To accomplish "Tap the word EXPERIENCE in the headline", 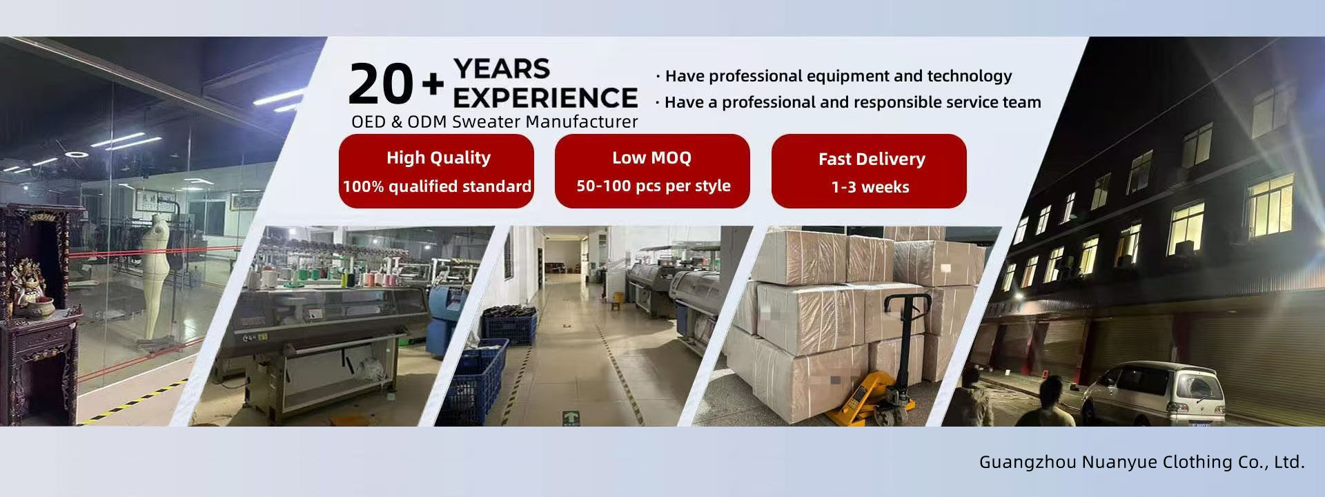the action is (545, 97).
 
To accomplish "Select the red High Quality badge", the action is (436, 171).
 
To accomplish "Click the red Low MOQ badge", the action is (652, 171).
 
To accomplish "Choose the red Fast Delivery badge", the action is (869, 171).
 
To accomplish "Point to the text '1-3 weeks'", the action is (870, 187).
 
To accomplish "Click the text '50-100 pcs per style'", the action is (654, 186).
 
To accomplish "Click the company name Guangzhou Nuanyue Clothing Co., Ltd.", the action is (1142, 462).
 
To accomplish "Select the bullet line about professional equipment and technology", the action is (834, 76).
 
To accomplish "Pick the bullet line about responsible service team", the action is (848, 102).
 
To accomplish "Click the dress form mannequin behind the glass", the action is (157, 276).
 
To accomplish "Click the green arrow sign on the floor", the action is (571, 418).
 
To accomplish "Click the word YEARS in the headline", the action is (502, 69).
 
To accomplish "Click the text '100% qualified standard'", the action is (437, 186).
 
